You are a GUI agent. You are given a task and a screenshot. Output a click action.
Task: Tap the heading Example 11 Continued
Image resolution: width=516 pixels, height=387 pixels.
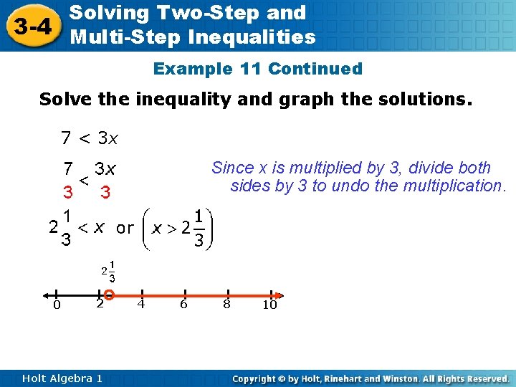point(258,69)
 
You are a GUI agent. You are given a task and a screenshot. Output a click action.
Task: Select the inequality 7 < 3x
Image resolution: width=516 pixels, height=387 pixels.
point(90,136)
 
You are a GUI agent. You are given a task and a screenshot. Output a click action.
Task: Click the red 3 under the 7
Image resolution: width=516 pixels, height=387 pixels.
point(67,193)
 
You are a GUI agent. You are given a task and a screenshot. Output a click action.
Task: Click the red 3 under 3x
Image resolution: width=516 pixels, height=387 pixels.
point(105,193)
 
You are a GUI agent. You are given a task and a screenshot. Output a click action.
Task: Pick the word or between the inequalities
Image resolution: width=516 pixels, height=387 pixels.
point(125,228)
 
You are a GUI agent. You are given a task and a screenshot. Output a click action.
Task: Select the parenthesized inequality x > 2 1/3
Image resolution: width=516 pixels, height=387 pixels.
point(181,228)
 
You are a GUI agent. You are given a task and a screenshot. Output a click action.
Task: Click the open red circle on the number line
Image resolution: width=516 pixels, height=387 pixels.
point(109,295)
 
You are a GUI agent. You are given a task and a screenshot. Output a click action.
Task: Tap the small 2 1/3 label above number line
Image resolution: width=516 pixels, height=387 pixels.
point(109,271)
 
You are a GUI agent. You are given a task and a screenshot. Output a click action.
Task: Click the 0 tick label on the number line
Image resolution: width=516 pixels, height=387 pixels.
point(57,306)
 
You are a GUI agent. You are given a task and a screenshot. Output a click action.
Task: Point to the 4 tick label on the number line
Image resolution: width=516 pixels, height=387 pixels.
point(141,304)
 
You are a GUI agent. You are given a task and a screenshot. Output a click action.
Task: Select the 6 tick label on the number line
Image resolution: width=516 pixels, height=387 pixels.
point(183,304)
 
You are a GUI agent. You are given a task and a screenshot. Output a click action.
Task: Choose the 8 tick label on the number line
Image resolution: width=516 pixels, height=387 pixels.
point(226,304)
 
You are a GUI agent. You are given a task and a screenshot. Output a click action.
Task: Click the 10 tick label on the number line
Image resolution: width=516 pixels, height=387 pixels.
point(269,305)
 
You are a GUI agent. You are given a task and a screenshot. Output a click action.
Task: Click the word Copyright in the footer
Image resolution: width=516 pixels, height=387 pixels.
point(256,378)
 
